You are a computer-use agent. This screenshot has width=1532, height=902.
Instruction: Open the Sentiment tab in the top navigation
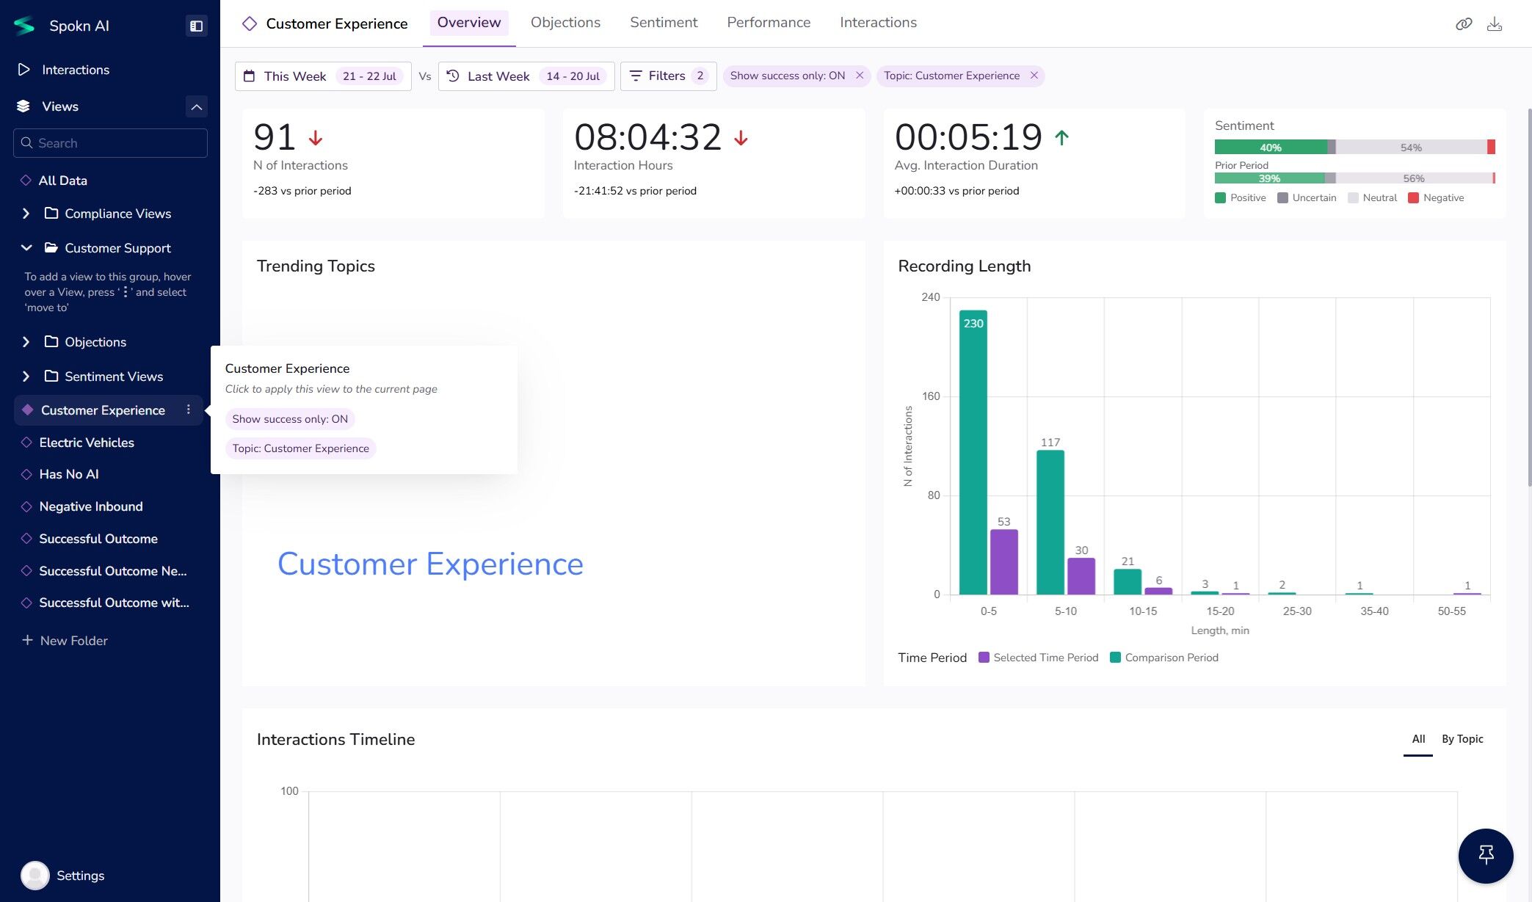point(663,23)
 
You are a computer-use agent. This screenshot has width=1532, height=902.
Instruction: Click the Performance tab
point(768,23)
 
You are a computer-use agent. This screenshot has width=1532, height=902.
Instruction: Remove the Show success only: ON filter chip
point(860,76)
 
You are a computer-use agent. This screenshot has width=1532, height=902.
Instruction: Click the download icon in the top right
point(1494,24)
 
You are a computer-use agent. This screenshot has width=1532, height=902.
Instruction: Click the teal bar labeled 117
point(1050,521)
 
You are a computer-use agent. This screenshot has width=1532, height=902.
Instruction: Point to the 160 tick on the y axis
point(931,396)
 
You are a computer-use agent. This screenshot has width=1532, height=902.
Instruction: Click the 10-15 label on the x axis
point(1142,611)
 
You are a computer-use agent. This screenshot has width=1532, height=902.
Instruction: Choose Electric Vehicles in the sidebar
point(87,443)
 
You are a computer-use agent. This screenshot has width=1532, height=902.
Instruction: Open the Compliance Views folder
point(117,214)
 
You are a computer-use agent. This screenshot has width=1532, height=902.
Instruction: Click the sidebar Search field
point(110,143)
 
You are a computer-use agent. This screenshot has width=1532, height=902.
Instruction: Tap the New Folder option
point(73,641)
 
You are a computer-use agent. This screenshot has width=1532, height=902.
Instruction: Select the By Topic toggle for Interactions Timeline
point(1462,739)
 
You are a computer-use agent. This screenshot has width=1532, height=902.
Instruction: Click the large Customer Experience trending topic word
point(430,564)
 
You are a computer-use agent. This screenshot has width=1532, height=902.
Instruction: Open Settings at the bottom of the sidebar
point(80,876)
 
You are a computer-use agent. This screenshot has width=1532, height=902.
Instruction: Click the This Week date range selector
point(323,76)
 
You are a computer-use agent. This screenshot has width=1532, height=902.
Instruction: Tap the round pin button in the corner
point(1485,856)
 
